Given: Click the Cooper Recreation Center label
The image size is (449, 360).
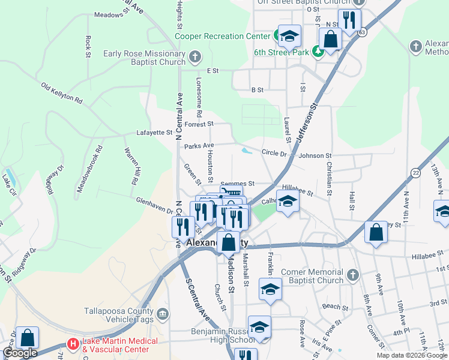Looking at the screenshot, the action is click(x=222, y=36).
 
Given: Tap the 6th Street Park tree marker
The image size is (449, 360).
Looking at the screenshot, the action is click(x=318, y=52).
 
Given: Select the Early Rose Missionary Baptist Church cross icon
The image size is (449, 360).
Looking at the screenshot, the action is click(x=194, y=58).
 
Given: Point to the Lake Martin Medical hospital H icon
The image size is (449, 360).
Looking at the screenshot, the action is click(x=73, y=344).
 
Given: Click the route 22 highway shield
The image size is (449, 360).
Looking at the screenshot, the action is click(x=415, y=173).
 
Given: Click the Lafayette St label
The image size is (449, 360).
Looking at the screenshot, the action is click(x=154, y=132).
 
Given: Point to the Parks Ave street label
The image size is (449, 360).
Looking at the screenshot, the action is click(x=199, y=146).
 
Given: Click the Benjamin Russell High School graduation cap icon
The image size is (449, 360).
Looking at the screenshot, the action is click(x=259, y=327).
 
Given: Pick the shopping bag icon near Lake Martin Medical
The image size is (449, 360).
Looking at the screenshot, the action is click(x=27, y=338).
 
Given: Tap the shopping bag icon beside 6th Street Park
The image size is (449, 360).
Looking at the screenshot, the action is click(x=330, y=39).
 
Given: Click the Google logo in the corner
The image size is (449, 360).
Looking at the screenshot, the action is click(x=20, y=353).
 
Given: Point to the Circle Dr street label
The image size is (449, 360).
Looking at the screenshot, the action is click(x=274, y=153).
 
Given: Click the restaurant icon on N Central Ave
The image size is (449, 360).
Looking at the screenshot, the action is click(x=183, y=227).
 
